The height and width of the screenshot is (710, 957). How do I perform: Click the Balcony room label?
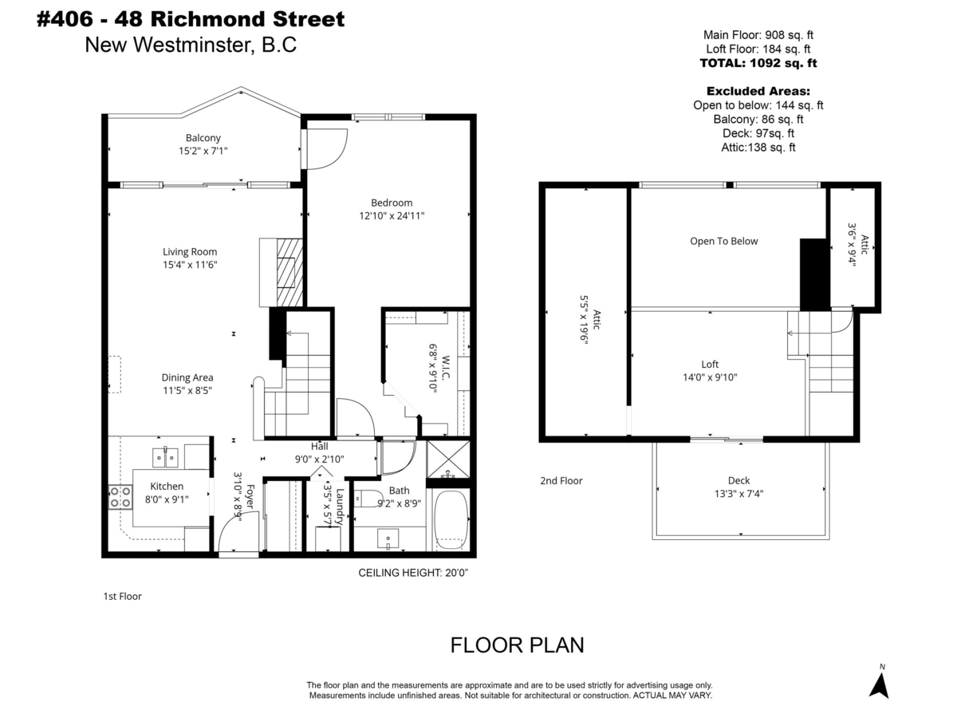tap(203, 137)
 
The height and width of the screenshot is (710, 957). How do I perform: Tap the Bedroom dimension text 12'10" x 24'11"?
tap(391, 215)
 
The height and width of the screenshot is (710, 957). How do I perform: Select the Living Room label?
tap(190, 252)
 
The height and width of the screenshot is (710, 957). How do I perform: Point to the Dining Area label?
tap(188, 377)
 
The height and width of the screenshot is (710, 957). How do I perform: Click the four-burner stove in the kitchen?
tap(120, 498)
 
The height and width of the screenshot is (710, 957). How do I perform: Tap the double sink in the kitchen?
tap(165, 457)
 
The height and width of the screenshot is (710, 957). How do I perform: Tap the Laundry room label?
tap(341, 507)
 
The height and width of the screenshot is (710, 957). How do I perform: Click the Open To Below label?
tap(724, 241)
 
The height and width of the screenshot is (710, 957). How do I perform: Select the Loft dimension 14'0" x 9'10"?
tap(710, 377)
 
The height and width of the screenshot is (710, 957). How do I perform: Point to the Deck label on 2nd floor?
tap(738, 480)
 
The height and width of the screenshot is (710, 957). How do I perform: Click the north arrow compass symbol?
tap(880, 683)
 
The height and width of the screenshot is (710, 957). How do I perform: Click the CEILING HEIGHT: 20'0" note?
tap(413, 573)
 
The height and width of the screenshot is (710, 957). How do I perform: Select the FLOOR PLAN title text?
tap(518, 645)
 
